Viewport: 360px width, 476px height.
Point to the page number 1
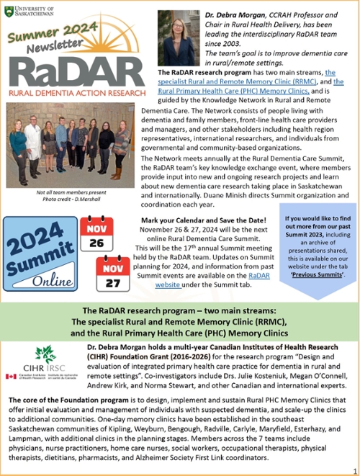[x=353, y=468]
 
